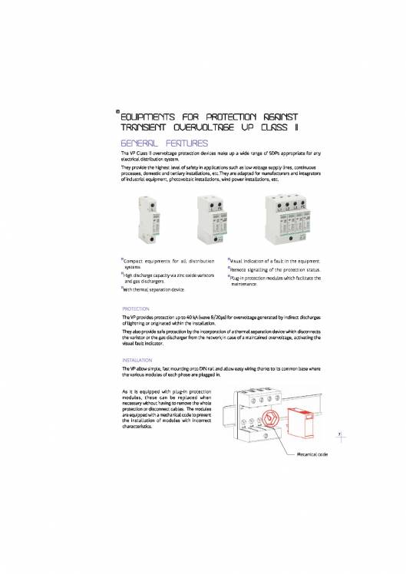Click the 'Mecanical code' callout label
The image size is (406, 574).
pyautogui.click(x=311, y=454)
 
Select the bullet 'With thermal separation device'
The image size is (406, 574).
pyautogui.click(x=157, y=290)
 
